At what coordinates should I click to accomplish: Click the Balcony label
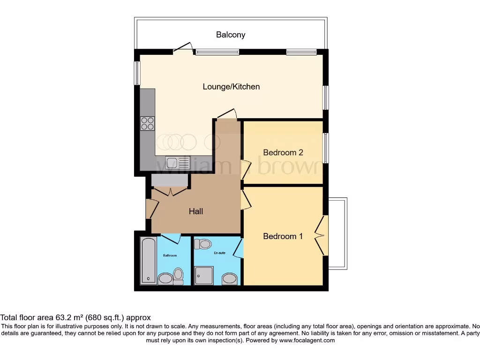pyautogui.click(x=230, y=35)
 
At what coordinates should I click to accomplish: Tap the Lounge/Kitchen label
pyautogui.click(x=231, y=87)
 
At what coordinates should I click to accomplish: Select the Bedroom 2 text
pyautogui.click(x=283, y=152)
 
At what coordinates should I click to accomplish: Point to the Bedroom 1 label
pyautogui.click(x=283, y=236)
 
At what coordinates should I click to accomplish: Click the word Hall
pyautogui.click(x=196, y=211)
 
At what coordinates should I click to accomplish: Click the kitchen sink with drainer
pyautogui.click(x=178, y=162)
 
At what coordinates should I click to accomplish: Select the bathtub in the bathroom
pyautogui.click(x=149, y=261)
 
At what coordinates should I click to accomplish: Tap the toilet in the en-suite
pyautogui.click(x=203, y=244)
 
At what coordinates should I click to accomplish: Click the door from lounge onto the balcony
pyautogui.click(x=183, y=47)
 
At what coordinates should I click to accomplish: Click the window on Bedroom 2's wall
pyautogui.click(x=325, y=148)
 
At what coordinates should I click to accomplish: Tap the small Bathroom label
pyautogui.click(x=170, y=255)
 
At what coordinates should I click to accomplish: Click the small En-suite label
pyautogui.click(x=219, y=253)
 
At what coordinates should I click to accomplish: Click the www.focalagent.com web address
pyautogui.click(x=307, y=341)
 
